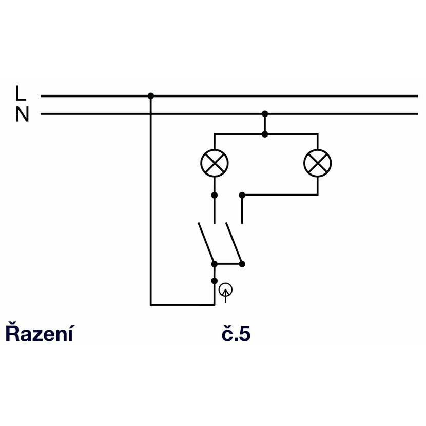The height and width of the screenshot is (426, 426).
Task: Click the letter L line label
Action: point(21,93)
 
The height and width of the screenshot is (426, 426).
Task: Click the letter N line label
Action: point(22,114)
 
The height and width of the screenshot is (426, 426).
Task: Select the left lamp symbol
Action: point(215,163)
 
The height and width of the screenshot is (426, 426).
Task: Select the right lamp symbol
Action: point(318,163)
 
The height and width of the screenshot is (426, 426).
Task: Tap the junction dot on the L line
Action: point(151,96)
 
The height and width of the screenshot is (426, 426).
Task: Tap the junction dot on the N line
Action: point(265,114)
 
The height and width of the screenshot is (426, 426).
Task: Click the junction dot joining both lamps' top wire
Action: point(265,134)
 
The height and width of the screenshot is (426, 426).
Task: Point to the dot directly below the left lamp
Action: point(215,195)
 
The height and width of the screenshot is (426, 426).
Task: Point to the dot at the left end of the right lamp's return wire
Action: point(242,195)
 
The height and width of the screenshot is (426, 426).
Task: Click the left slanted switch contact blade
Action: point(206,243)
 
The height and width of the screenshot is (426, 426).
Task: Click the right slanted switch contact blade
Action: point(234,243)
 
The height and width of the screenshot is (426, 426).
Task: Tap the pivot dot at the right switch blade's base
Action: point(242,264)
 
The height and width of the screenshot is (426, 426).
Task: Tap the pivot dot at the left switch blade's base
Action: point(215,264)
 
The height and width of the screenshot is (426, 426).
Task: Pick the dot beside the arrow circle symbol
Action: point(215,281)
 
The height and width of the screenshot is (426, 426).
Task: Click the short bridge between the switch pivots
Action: point(228,264)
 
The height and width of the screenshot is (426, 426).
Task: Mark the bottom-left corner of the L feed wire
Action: point(151,305)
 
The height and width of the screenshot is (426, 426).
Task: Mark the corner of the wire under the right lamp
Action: point(318,195)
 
